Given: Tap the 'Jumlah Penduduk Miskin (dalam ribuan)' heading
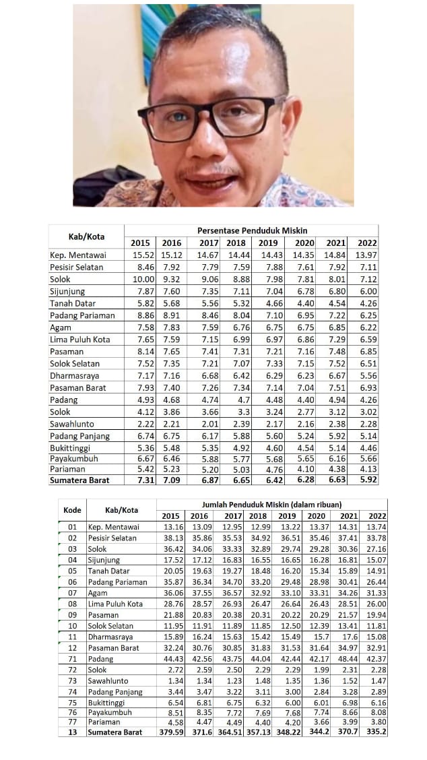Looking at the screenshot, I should [271, 505].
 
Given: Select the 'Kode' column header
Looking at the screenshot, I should [72, 510].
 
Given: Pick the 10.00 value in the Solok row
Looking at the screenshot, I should [141, 280].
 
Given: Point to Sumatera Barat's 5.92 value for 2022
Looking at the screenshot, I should [367, 480].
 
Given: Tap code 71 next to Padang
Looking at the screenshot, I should [72, 659].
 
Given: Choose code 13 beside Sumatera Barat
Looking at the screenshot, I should [72, 732].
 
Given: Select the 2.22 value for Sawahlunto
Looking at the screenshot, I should [141, 424].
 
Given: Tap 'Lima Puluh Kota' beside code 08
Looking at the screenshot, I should [116, 604].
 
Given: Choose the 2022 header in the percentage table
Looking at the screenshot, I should [367, 243].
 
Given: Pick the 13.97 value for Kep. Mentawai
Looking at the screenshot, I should [367, 255].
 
